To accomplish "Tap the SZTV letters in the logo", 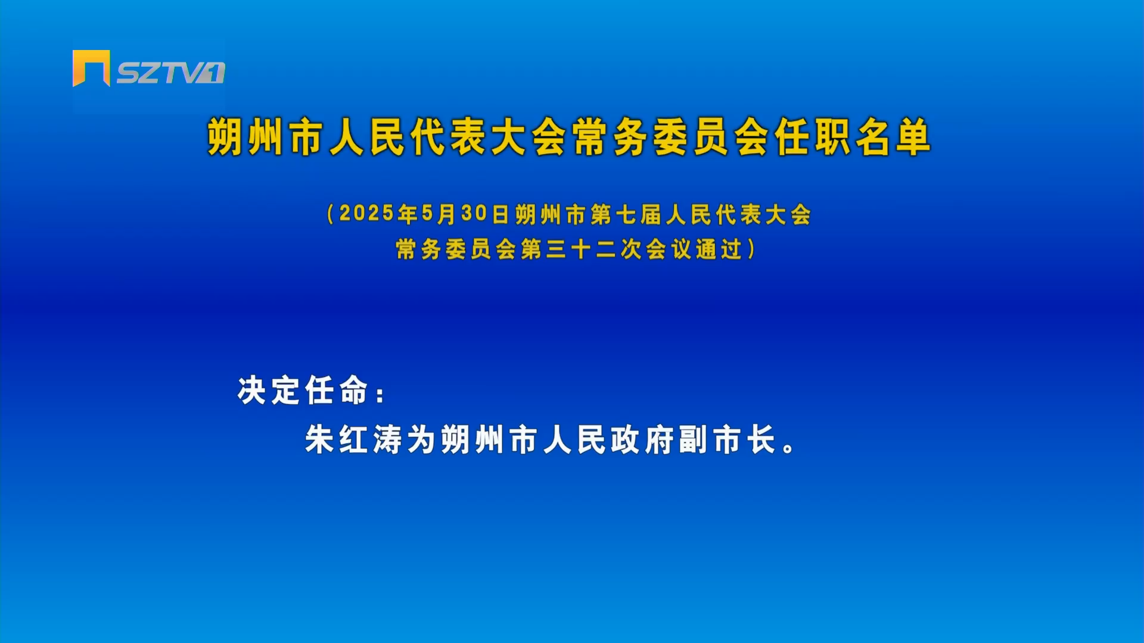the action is [161, 73].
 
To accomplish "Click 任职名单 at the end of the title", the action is [853, 137].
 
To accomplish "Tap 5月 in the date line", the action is [439, 214].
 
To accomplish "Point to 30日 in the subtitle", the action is [485, 214].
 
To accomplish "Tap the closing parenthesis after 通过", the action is [751, 249].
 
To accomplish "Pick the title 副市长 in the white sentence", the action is [728, 440].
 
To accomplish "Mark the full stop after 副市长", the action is [789, 448].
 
